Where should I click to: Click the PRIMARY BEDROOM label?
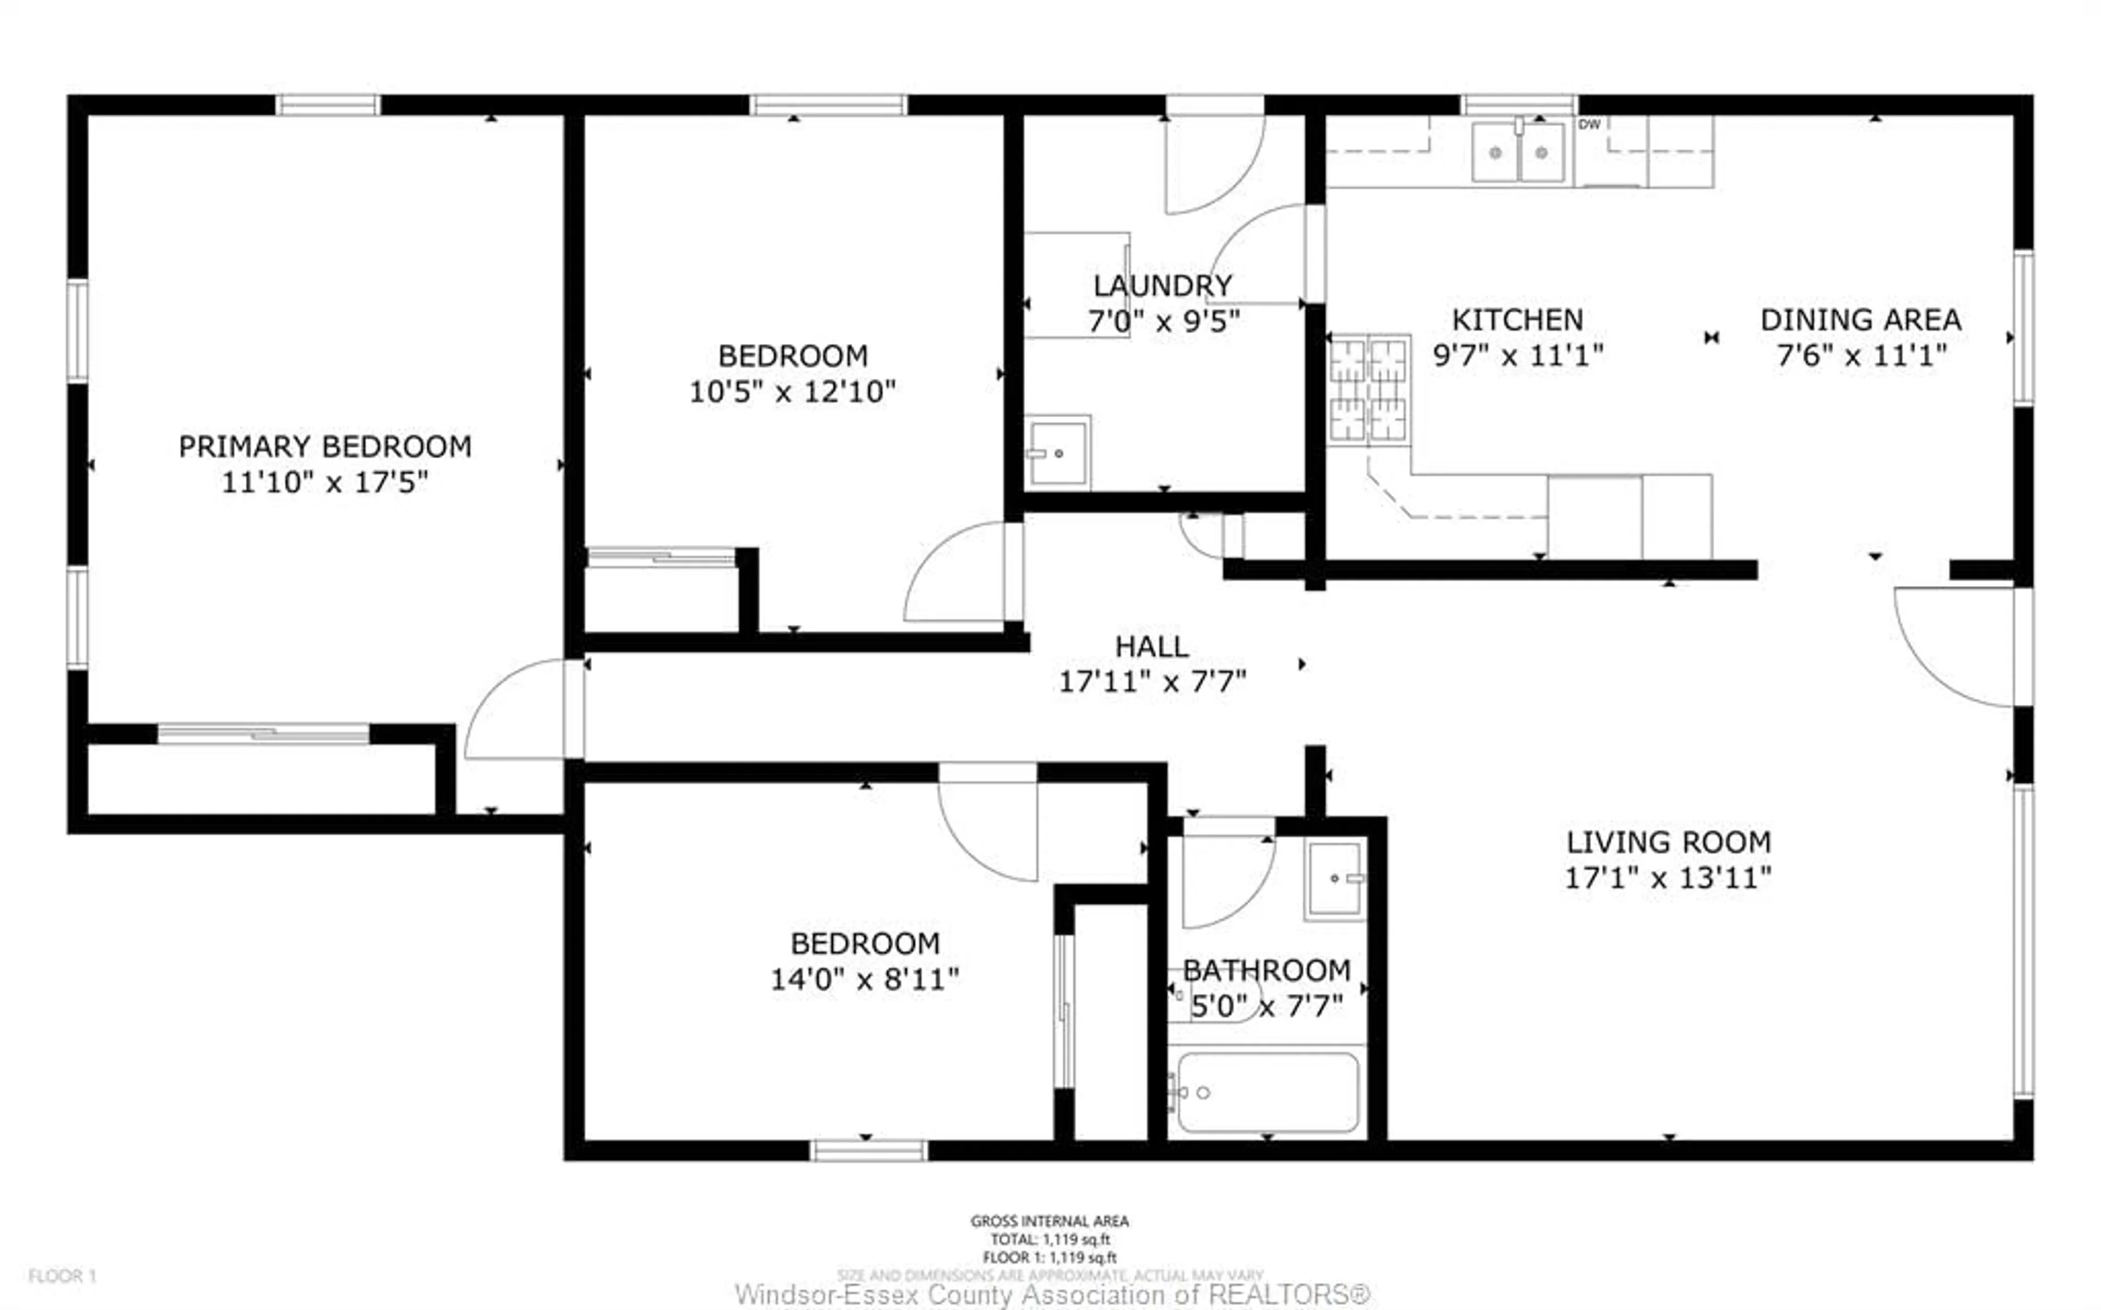(x=325, y=447)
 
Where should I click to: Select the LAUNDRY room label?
(x=1162, y=286)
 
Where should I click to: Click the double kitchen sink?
(x=1518, y=153)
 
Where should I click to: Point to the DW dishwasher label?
(x=1589, y=125)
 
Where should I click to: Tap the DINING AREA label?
(x=1860, y=320)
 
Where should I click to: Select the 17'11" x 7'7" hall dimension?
(x=1152, y=682)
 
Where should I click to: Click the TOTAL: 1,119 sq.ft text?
(x=1049, y=1239)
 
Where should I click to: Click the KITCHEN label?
(x=1517, y=320)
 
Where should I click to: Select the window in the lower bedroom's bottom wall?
(x=868, y=1150)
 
